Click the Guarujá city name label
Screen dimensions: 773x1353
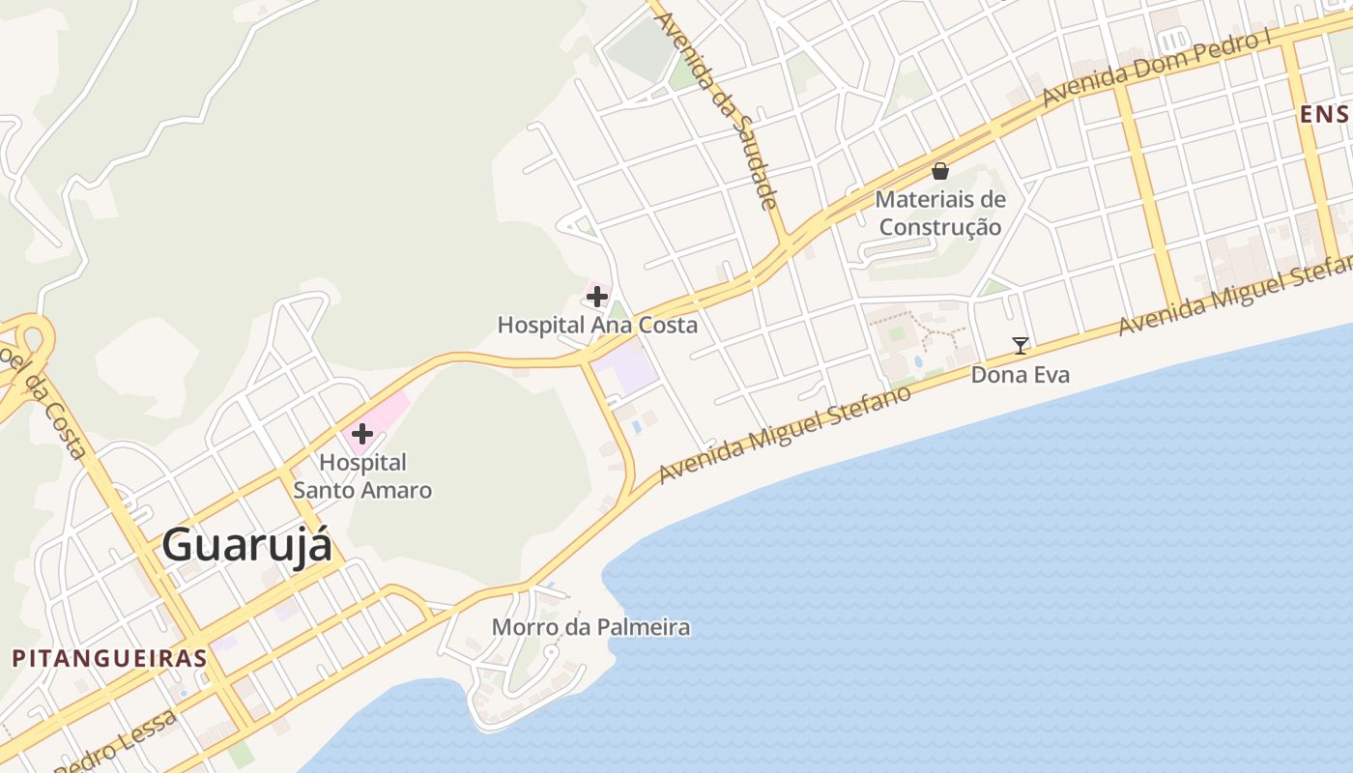246,545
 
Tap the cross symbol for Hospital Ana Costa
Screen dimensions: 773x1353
597,297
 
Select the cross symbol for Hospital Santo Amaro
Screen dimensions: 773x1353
362,434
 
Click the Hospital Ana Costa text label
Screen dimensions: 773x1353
597,326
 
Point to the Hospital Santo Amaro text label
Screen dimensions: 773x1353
362,476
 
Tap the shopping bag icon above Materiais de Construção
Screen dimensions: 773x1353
939,172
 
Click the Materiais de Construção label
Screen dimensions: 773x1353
939,214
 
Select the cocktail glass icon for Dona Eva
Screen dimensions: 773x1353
1020,345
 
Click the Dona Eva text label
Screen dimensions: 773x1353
1020,375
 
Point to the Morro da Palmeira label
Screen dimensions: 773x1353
590,627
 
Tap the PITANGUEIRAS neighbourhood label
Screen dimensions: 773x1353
109,659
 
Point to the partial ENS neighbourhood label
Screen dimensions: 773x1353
1324,115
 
